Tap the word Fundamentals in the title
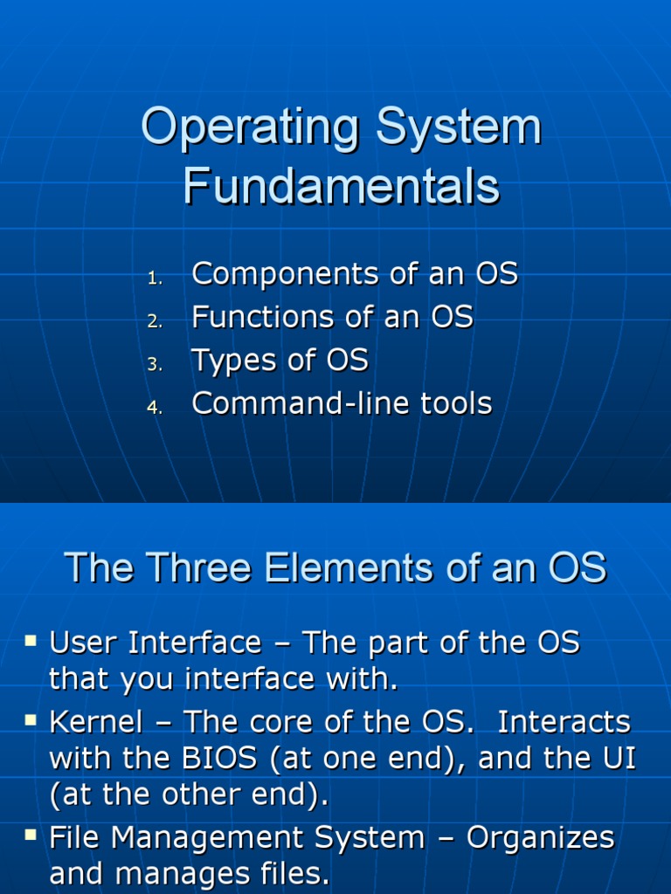341,186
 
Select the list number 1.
155,279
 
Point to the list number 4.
155,409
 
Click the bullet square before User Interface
31,642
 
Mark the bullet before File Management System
31,836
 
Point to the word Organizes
541,838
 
